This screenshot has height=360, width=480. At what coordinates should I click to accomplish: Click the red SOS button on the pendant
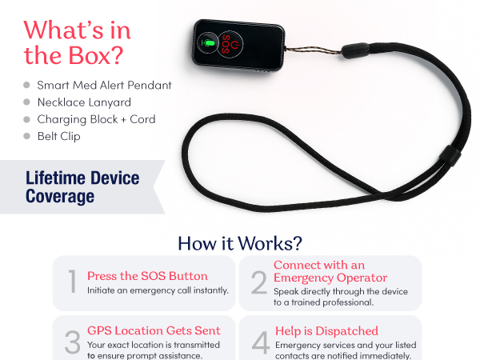(230, 44)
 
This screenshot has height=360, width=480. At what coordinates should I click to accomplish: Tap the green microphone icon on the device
(208, 42)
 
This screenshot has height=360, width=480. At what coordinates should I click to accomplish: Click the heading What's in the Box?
(77, 42)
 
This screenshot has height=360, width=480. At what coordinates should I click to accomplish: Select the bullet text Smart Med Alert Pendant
(104, 85)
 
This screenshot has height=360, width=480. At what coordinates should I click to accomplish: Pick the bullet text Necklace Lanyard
(84, 102)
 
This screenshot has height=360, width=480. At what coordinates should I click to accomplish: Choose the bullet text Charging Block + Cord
(97, 119)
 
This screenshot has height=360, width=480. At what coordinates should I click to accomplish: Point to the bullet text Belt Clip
(58, 136)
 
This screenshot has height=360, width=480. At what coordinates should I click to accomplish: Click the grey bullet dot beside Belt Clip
(26, 136)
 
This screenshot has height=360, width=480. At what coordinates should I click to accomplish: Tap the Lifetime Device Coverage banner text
(82, 187)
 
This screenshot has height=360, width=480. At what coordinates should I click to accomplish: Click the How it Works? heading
(240, 243)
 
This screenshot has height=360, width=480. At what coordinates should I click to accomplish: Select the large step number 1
(73, 282)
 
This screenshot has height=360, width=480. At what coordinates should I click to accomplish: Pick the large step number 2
(259, 282)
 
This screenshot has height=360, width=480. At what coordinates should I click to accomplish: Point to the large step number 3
(73, 342)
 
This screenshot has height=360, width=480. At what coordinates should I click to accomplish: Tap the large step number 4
(261, 342)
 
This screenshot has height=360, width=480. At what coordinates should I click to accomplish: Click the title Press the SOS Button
(147, 276)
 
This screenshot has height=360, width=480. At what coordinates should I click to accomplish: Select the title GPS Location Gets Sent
(154, 330)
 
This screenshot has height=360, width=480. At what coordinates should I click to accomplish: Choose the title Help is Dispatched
(326, 331)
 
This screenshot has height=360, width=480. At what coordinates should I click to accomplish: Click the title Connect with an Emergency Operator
(330, 271)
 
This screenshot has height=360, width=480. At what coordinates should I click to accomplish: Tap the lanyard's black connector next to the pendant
(356, 50)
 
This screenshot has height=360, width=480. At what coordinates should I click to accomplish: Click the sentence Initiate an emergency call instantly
(158, 290)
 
